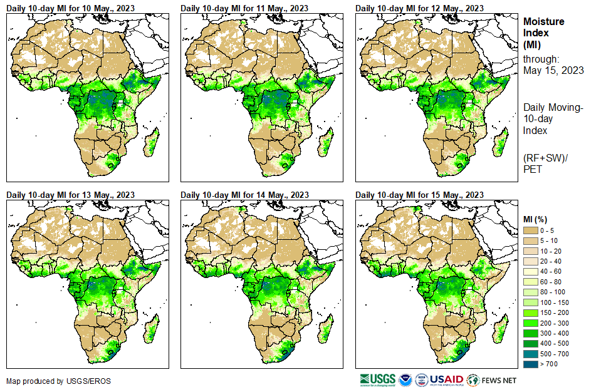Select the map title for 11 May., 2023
pos(244,8)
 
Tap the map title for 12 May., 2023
pos(419,8)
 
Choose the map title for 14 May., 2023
pos(244,195)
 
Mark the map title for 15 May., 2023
pos(419,195)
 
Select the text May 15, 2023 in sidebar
pos(553,71)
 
